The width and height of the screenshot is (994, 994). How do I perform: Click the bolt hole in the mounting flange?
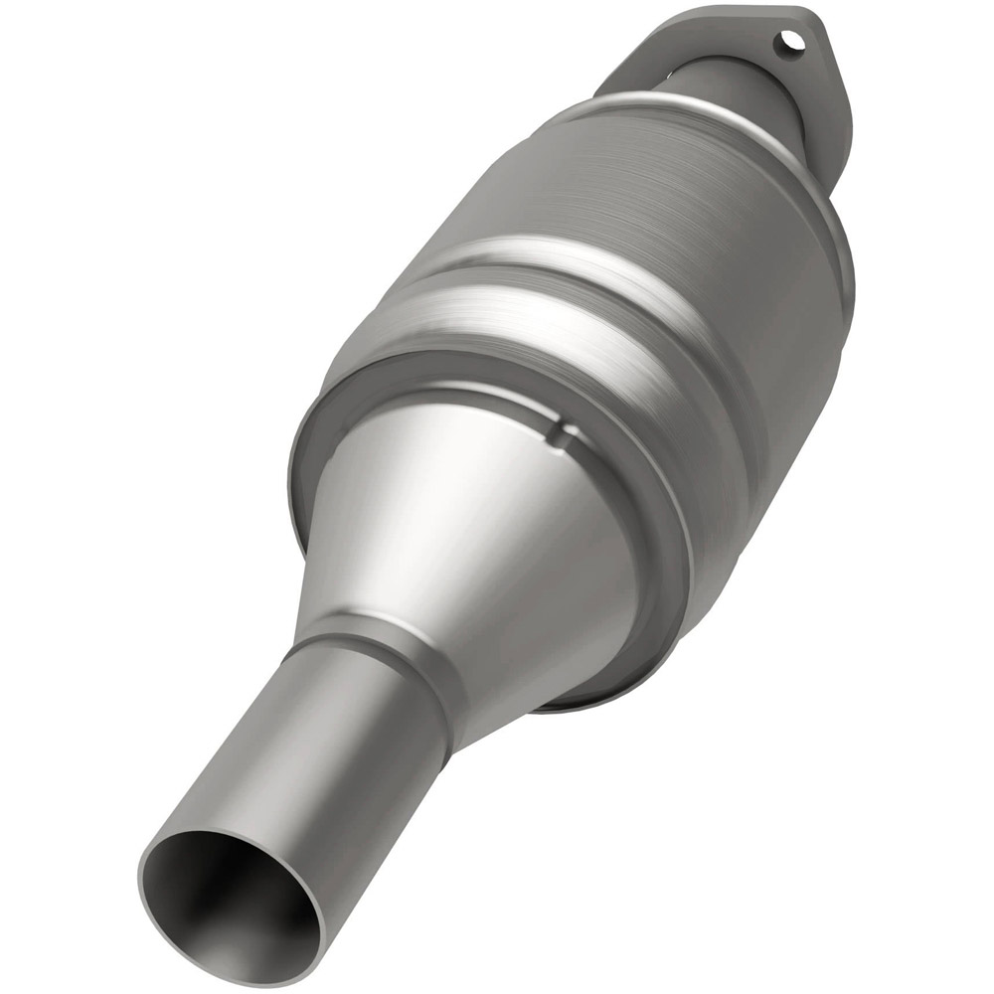click(x=790, y=41)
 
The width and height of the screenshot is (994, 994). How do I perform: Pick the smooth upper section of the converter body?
click(x=636, y=189)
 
